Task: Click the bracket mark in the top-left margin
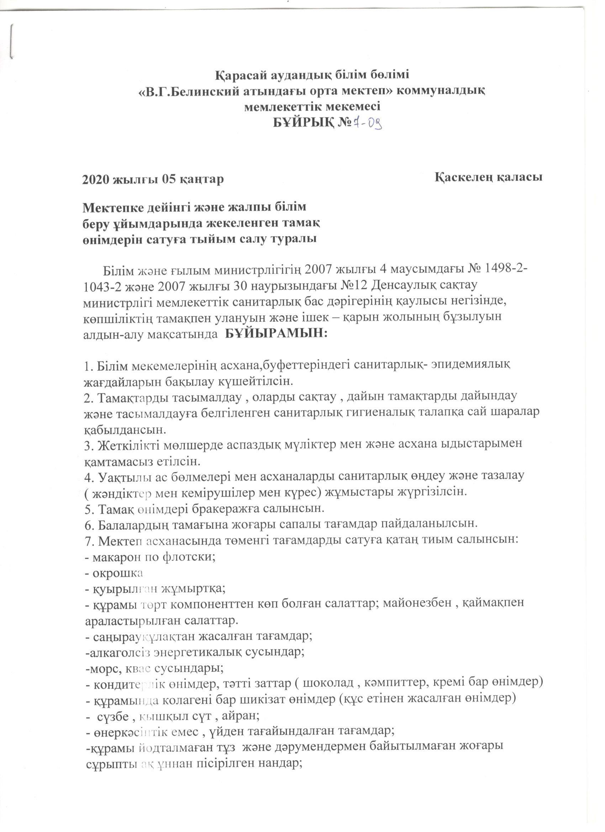(x=12, y=40)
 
